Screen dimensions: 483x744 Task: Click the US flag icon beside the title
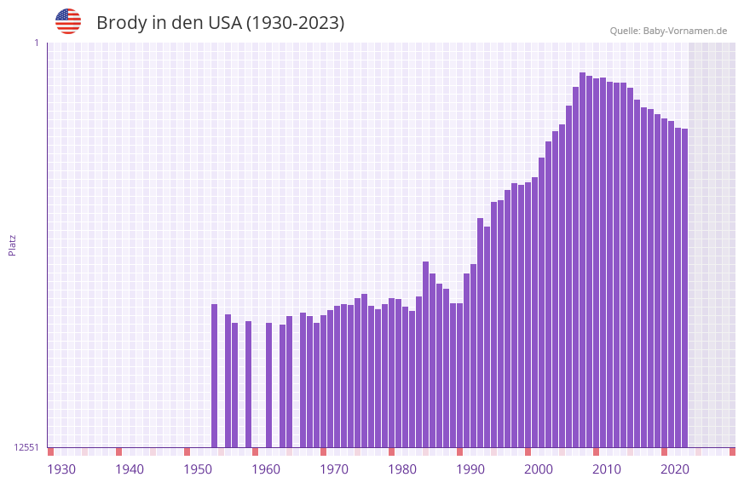tap(68, 21)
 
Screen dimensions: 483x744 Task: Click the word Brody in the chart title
tap(122, 23)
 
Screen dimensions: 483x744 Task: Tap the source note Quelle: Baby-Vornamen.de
tap(668, 32)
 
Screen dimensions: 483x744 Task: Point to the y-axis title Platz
tap(12, 244)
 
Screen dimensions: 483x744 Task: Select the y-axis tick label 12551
tap(26, 447)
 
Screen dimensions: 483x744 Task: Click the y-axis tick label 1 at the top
tap(36, 43)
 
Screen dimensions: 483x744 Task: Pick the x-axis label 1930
tap(61, 469)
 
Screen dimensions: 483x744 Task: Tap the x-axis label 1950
tap(198, 469)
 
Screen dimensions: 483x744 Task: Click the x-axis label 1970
tap(334, 469)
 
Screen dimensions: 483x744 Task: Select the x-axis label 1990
tap(470, 469)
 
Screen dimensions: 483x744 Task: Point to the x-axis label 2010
tap(607, 469)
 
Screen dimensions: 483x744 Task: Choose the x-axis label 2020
tap(675, 469)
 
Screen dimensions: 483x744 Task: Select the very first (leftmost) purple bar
tap(215, 375)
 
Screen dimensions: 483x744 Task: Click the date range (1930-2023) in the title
tap(295, 23)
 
